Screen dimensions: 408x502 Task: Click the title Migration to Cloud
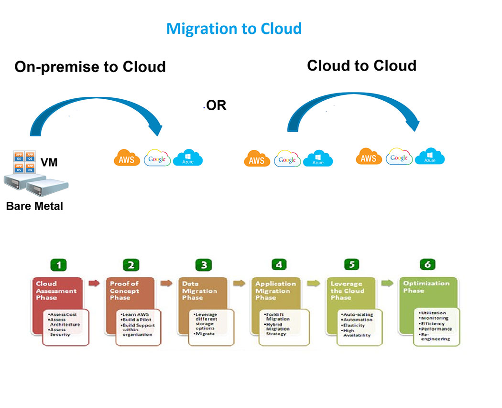tap(234, 29)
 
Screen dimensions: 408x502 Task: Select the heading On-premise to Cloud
tap(90, 66)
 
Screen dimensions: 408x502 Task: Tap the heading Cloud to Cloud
tap(361, 65)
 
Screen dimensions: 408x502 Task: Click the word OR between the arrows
tap(216, 105)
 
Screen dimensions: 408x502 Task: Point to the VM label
tap(49, 162)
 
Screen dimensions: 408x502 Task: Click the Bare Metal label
tap(34, 207)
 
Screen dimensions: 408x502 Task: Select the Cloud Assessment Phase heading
tap(56, 290)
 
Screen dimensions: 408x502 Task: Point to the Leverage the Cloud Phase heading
tap(347, 290)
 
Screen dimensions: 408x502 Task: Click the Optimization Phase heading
tap(426, 286)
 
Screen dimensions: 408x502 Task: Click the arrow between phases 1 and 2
tap(95, 283)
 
